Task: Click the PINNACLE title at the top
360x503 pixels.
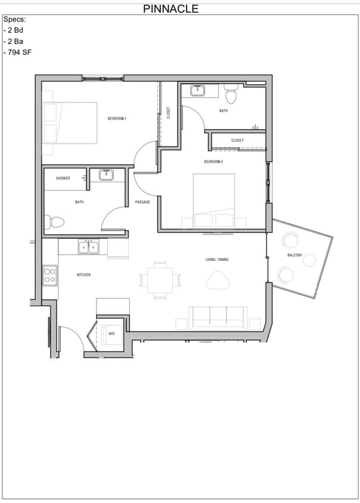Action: [x=171, y=9]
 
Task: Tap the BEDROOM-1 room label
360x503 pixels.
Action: [x=117, y=119]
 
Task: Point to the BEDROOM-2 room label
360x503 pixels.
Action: [x=213, y=162]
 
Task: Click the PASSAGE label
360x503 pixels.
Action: [x=142, y=202]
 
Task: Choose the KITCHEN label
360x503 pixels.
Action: [x=83, y=275]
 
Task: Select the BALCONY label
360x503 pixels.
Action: [x=294, y=255]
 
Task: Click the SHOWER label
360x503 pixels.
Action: [x=63, y=178]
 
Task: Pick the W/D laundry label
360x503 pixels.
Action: [x=111, y=334]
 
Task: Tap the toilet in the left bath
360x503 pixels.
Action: [x=55, y=222]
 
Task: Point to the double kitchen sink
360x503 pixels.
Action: [x=88, y=247]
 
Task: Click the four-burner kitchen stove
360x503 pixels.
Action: [x=50, y=275]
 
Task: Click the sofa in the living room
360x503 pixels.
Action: [x=218, y=318]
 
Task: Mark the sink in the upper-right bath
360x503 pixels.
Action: [x=197, y=91]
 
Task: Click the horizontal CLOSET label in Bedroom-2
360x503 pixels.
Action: [x=237, y=141]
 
